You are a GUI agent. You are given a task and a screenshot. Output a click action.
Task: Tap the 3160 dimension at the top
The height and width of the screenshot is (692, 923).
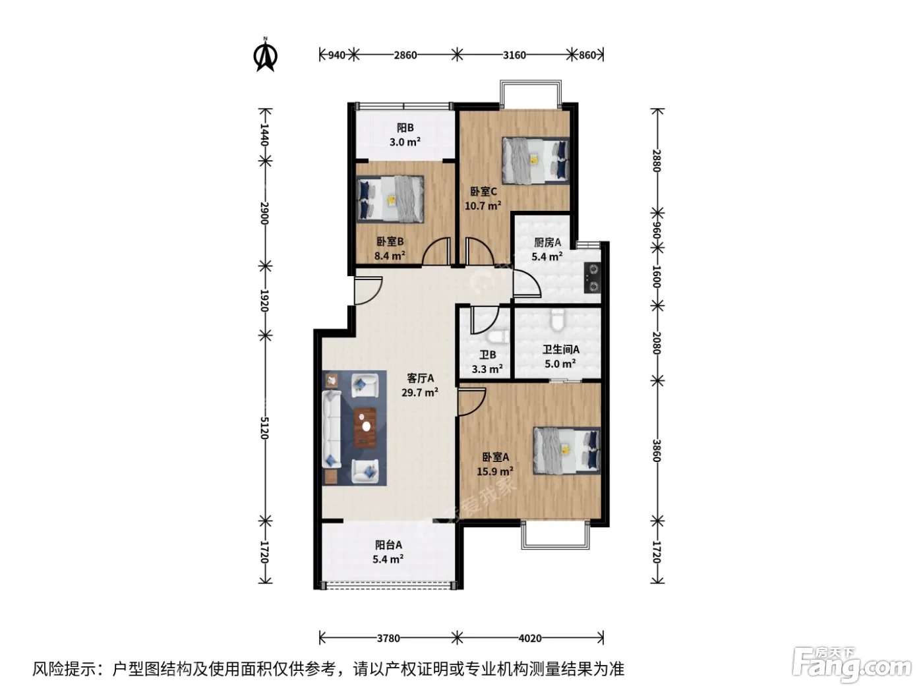point(514,55)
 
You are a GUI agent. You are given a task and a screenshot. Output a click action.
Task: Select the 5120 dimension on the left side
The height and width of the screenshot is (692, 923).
point(264,428)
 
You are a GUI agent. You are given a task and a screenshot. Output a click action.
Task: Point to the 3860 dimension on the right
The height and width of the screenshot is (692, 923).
point(657,451)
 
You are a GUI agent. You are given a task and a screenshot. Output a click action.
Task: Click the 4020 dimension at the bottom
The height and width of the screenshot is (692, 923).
point(530,638)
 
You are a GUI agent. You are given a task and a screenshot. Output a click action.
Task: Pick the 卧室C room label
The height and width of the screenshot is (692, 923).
point(483,192)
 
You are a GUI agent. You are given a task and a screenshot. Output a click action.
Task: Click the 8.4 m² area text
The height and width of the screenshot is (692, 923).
point(390,256)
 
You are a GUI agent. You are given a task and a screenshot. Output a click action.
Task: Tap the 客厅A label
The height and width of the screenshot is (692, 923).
point(420,378)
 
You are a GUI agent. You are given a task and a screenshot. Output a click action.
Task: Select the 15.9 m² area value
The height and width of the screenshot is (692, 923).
point(495,471)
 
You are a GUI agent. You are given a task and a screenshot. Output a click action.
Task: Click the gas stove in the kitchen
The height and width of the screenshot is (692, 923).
point(593,277)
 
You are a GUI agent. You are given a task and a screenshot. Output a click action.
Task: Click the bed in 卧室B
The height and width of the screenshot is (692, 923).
point(390,198)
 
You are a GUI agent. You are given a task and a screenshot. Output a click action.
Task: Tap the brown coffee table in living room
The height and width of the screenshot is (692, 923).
point(365,427)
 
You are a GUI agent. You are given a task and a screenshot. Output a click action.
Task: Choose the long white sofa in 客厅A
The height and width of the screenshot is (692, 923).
point(332,429)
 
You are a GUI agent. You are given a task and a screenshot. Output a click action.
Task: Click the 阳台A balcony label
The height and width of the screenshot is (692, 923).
point(388,545)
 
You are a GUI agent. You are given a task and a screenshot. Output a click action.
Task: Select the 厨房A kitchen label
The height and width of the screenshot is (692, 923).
point(547,242)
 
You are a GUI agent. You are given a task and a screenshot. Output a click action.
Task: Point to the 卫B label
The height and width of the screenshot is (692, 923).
point(487,355)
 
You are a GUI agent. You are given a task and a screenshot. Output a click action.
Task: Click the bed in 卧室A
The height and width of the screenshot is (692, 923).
point(567,451)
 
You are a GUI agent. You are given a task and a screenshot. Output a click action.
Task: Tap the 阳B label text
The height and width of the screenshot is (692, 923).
point(405,127)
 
